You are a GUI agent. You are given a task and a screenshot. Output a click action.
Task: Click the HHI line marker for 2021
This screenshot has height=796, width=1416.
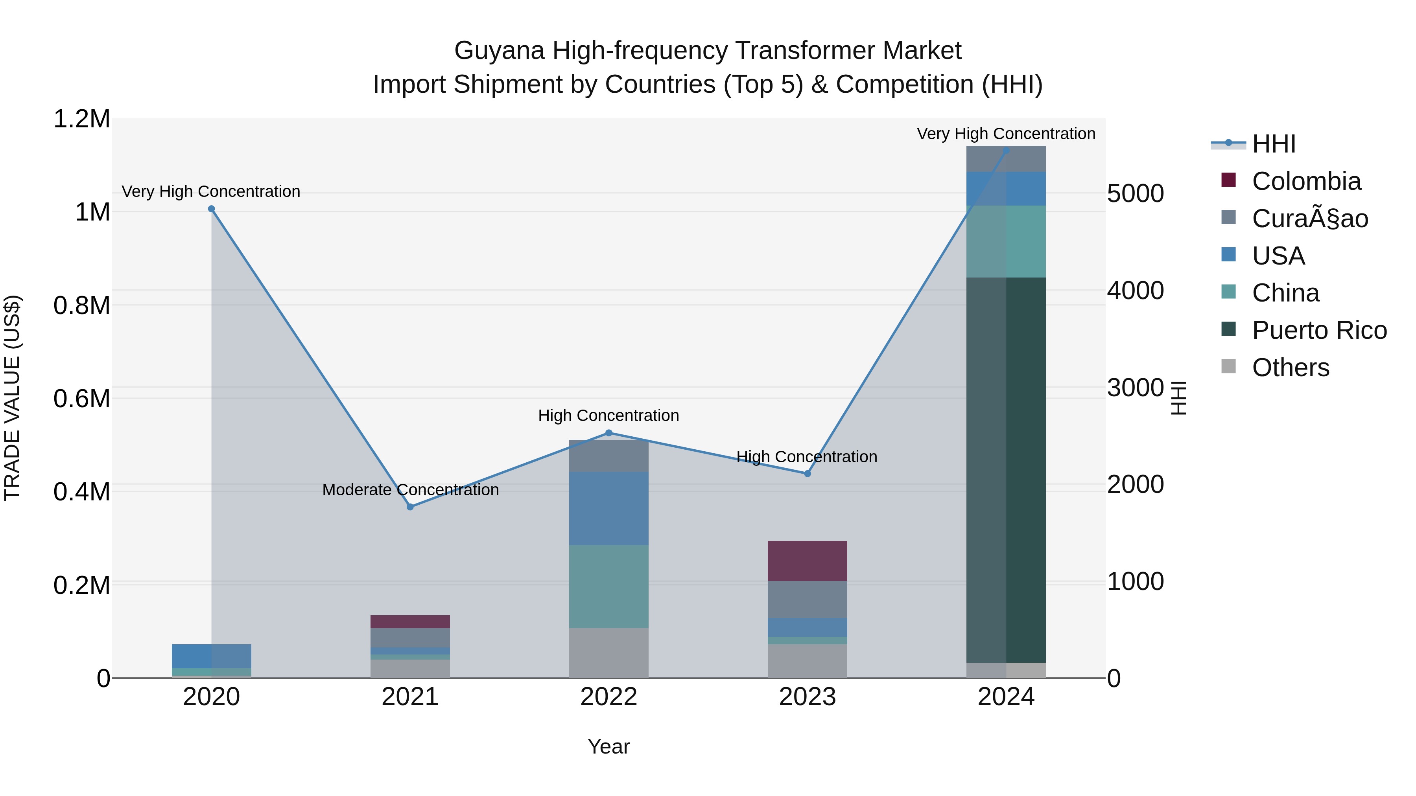coord(410,507)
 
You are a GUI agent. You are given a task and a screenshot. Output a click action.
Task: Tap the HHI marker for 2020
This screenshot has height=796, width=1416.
coord(212,209)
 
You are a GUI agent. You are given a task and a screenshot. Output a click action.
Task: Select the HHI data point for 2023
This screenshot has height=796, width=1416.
coord(808,474)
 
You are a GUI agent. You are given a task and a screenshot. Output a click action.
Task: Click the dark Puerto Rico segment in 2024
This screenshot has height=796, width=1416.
coord(1006,470)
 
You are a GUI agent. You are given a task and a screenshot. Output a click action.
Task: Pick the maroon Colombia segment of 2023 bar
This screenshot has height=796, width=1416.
coord(807,561)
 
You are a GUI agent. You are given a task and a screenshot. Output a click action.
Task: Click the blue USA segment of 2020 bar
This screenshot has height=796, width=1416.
coord(212,656)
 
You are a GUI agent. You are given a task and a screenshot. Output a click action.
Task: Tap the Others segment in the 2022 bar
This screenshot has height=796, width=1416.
coord(608,653)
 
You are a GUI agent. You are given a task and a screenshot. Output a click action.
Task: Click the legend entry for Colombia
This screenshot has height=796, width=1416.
coord(1306,181)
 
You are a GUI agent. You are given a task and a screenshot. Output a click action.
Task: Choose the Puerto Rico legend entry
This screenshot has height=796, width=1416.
coord(1319,330)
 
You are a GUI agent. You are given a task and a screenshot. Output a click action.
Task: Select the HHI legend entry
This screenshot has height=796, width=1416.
coord(1273,144)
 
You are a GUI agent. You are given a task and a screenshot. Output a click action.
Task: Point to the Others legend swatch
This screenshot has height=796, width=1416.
coord(1228,366)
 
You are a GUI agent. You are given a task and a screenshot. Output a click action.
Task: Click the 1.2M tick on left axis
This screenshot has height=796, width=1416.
coord(82,119)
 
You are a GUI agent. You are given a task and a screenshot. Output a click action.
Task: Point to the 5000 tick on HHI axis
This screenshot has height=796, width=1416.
coord(1135,194)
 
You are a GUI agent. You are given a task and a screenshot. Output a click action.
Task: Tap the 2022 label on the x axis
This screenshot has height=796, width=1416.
coord(608,697)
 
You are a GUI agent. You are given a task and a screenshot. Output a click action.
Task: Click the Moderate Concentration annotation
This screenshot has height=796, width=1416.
coord(410,489)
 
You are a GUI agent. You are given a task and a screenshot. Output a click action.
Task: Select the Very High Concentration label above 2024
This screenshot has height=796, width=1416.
coord(1005,134)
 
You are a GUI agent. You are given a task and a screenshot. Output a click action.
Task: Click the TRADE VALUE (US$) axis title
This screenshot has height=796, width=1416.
coord(12,398)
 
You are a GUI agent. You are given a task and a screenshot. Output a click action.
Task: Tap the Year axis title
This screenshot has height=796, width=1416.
coord(608,746)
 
